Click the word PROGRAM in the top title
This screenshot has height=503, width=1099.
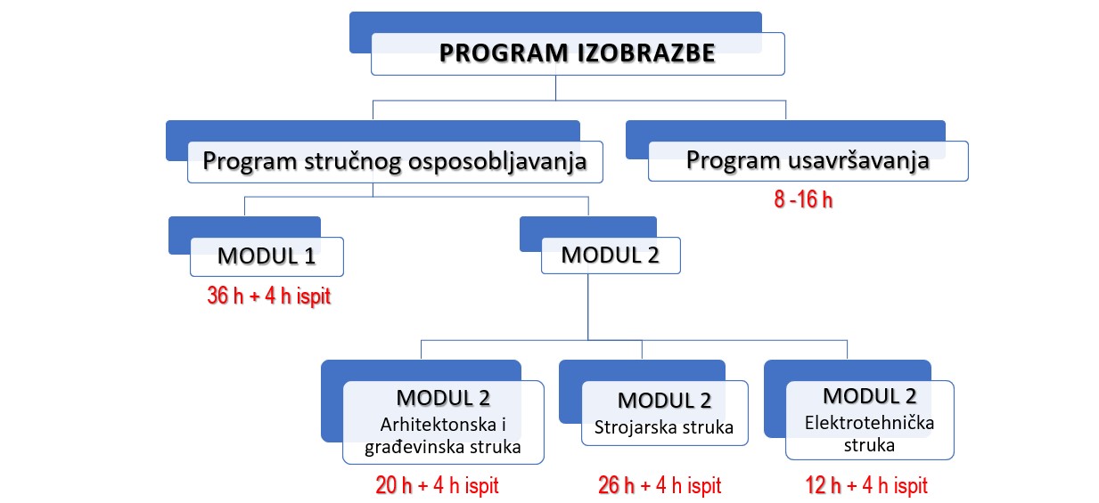click(504, 53)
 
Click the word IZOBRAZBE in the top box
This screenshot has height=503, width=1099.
click(646, 53)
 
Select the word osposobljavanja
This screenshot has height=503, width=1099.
click(497, 162)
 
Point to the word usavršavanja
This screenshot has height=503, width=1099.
click(858, 161)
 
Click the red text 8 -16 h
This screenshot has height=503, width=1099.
click(803, 199)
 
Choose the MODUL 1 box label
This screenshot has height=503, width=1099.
click(267, 256)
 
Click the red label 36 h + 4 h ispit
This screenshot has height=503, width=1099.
click(269, 296)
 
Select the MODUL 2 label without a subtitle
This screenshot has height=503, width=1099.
click(610, 255)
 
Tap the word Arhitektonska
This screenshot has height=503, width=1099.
click(439, 425)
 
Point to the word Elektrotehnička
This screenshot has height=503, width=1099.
click(869, 423)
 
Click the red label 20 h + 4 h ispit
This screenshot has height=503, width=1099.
click(437, 485)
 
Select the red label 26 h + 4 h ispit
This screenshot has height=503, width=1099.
click(660, 485)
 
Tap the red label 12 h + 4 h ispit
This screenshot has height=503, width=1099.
click(866, 485)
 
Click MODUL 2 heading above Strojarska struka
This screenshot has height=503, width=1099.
click(664, 401)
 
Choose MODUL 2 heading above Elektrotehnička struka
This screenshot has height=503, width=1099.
click(870, 396)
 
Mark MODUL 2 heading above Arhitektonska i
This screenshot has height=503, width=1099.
click(443, 398)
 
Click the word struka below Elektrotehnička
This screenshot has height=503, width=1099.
click(869, 446)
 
